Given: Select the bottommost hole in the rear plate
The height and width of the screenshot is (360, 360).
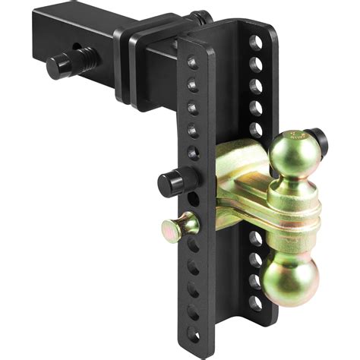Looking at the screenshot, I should coord(257,302).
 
